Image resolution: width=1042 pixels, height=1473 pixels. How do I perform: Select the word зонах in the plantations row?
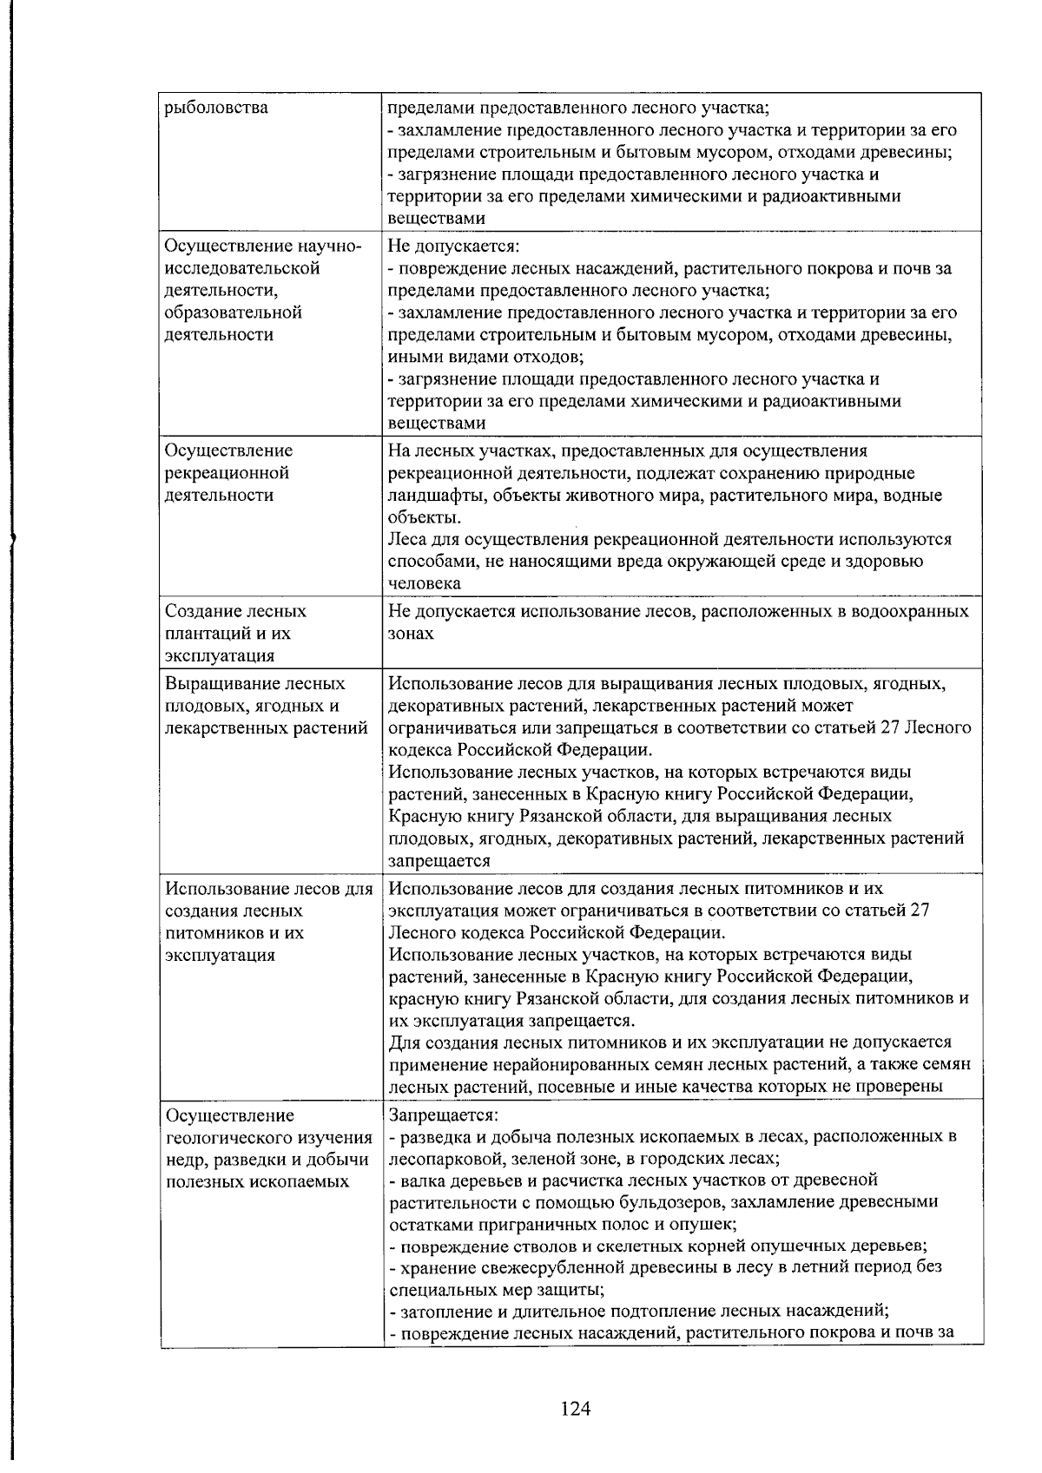pyautogui.click(x=411, y=634)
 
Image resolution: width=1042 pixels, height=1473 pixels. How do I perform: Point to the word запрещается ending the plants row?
pyautogui.click(x=440, y=861)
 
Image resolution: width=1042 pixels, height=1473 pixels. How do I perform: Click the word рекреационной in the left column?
pyautogui.click(x=227, y=473)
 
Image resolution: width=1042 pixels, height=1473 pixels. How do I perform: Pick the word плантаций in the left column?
pyautogui.click(x=206, y=634)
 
